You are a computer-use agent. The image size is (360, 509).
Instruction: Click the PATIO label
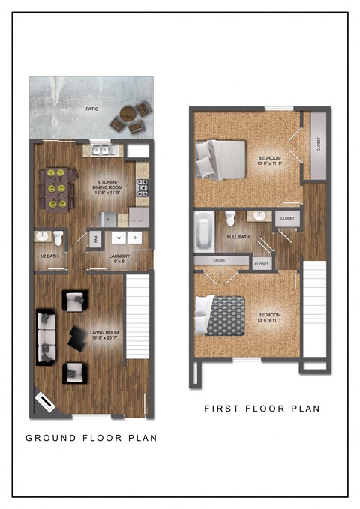coord(91,109)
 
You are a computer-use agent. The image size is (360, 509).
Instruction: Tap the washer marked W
coord(118,238)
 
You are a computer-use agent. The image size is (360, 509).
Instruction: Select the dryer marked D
coord(136,238)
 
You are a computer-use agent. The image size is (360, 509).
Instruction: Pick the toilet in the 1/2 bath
coord(58,238)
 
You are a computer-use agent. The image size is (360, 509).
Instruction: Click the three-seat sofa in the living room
coord(46,336)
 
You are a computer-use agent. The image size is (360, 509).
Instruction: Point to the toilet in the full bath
coord(231,219)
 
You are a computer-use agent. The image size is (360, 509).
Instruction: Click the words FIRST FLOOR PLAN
coord(262,409)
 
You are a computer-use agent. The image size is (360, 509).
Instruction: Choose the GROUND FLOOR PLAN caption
coord(91,438)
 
